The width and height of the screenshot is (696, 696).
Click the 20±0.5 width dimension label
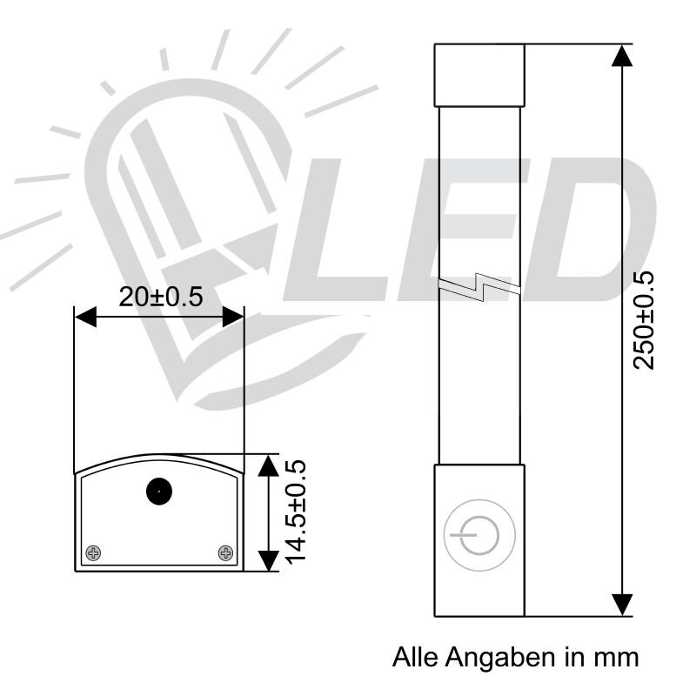160,297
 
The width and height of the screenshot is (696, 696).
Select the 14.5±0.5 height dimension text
298,512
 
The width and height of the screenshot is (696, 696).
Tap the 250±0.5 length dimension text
644,320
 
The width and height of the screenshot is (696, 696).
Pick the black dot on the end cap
158,492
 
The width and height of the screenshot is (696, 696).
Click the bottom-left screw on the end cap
94,552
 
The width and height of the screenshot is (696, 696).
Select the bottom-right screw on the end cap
225,552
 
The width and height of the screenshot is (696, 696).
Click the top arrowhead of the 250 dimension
621,54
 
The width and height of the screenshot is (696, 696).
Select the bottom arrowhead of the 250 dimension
621,604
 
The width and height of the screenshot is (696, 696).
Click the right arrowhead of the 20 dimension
232,318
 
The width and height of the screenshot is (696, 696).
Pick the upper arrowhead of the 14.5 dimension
269,465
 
